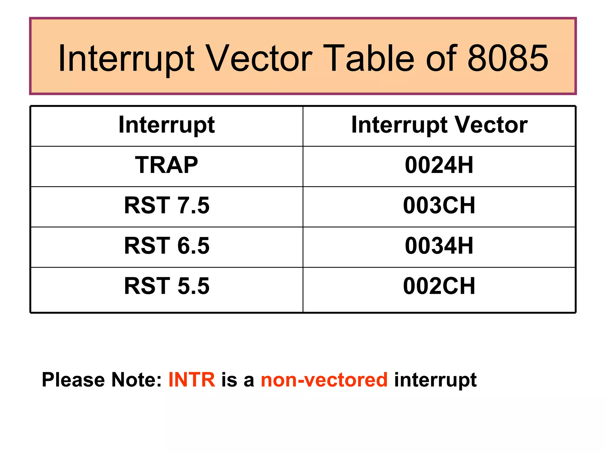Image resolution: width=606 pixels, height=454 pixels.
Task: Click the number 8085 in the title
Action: coord(508,58)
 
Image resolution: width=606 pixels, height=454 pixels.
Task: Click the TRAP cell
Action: coord(167,165)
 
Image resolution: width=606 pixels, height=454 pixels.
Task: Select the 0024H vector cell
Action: coord(439,165)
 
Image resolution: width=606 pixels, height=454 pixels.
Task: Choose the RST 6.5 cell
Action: coord(167,246)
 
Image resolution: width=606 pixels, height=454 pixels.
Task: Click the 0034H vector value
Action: coord(439,246)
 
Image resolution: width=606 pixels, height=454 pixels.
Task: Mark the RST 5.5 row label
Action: coord(167,286)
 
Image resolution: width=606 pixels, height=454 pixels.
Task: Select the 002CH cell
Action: coord(439,286)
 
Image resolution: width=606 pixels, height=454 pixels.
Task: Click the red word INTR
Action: coord(192,380)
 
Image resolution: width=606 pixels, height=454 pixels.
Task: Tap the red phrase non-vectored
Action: coord(324,380)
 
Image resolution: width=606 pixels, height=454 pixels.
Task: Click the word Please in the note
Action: coord(73,380)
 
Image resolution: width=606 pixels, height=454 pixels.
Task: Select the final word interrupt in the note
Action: coord(435,380)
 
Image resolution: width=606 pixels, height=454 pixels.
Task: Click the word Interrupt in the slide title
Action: coord(126,58)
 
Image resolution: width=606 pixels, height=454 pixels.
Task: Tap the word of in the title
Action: coord(441,58)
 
